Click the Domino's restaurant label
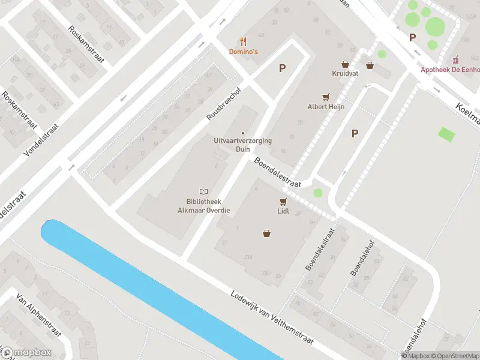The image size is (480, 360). [244, 52]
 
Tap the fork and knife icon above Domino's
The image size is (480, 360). [243, 41]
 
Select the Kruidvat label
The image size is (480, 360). [344, 73]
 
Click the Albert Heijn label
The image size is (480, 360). [325, 106]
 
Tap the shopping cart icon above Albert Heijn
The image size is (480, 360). [326, 97]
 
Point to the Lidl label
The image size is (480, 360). [284, 211]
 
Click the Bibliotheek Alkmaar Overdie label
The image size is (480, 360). [204, 206]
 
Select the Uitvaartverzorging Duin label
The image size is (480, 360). [242, 144]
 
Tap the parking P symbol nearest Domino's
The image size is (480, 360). [282, 68]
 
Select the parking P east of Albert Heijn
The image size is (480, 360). [355, 134]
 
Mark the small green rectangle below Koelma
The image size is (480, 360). [446, 134]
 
